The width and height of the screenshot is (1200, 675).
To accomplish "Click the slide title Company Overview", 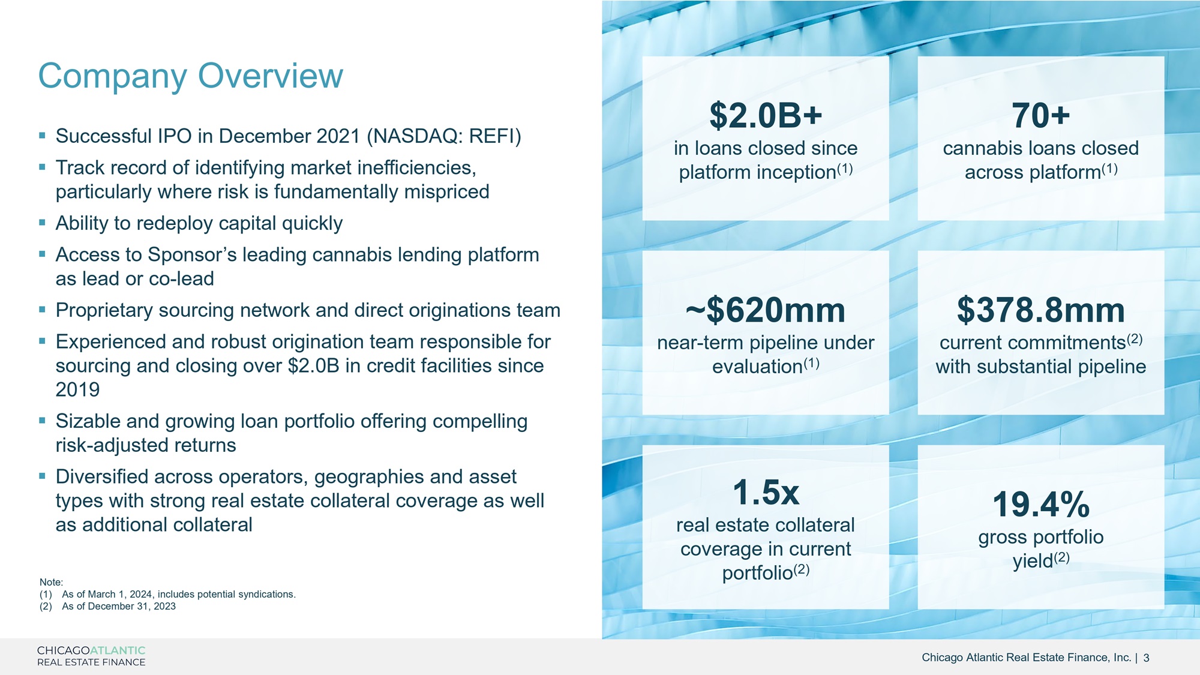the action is [x=191, y=77].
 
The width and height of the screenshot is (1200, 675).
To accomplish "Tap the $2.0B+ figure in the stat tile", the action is [x=766, y=115].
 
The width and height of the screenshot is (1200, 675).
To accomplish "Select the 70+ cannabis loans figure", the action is [x=1041, y=115].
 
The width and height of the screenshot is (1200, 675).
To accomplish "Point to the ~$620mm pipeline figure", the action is [x=766, y=310].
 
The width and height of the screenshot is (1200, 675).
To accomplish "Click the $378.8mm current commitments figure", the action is [x=1041, y=310].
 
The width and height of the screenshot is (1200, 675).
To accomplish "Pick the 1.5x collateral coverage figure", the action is [x=766, y=493].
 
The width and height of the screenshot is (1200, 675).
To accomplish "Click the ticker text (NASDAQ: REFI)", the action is [x=444, y=137].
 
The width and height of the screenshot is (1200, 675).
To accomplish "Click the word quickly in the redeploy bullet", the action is [x=312, y=224].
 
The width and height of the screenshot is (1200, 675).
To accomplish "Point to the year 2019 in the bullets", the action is [x=78, y=390].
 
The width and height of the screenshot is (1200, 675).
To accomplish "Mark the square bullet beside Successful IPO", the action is [x=42, y=136].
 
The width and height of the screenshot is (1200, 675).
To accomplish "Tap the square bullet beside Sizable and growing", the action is [x=42, y=421].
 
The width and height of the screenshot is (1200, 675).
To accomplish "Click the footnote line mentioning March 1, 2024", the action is [x=167, y=595].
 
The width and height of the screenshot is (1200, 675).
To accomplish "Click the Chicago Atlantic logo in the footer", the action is [x=91, y=656].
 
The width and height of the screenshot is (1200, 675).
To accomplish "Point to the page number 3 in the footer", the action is [x=1146, y=658].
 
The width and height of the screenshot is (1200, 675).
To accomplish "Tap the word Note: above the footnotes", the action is [x=51, y=583].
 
